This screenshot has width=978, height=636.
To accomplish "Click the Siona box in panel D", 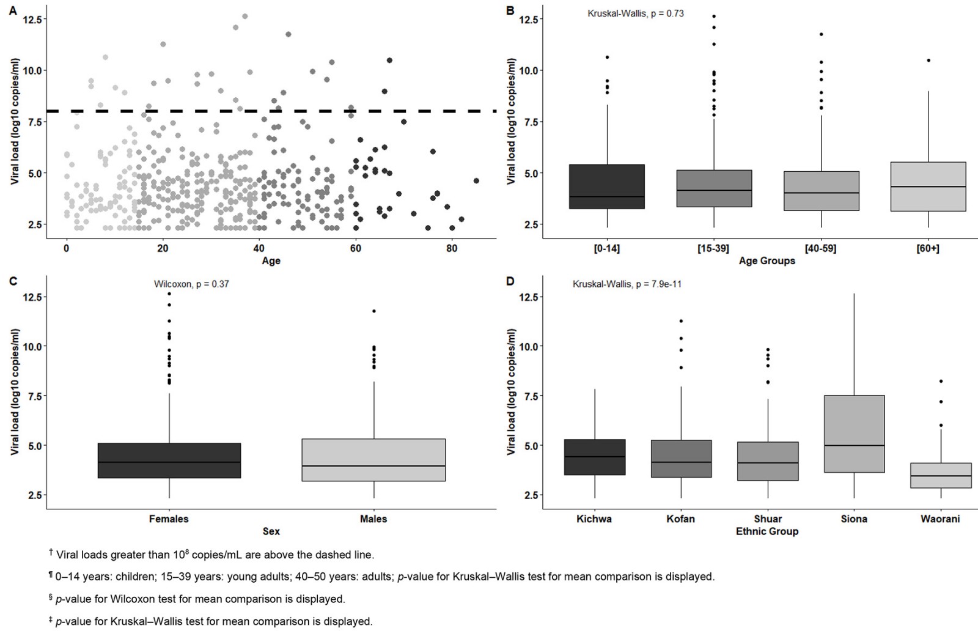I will [854, 434].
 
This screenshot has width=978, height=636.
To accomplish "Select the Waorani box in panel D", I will [941, 475].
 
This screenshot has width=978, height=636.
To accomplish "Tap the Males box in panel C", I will [373, 460].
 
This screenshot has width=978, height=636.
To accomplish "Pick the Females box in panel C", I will [169, 460].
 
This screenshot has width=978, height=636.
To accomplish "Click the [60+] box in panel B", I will [928, 187].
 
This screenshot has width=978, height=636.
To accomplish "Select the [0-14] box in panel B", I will [607, 187].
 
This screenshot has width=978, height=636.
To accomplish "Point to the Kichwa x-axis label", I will [594, 519].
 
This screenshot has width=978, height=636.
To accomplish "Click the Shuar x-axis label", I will [768, 519].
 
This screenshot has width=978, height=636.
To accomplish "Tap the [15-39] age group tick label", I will [713, 248].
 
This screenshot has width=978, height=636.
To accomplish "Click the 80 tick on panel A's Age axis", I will [452, 248].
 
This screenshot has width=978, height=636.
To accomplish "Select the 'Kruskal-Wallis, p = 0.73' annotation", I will [636, 13].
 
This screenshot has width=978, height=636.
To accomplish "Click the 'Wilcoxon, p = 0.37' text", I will [191, 284].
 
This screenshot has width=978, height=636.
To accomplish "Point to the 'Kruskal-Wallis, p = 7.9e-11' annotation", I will [627, 284].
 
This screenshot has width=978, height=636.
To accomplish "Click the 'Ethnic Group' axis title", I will [767, 531].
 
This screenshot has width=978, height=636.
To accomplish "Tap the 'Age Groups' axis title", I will [767, 261].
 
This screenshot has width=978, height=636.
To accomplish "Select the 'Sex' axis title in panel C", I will [271, 531].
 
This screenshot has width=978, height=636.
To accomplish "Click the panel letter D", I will [510, 281].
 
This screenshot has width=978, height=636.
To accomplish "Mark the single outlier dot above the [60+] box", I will [928, 61].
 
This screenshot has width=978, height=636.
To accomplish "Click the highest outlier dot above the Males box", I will [374, 311].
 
